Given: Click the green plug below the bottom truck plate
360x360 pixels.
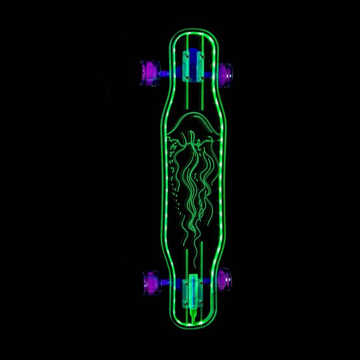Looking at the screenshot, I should [x=193, y=312].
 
